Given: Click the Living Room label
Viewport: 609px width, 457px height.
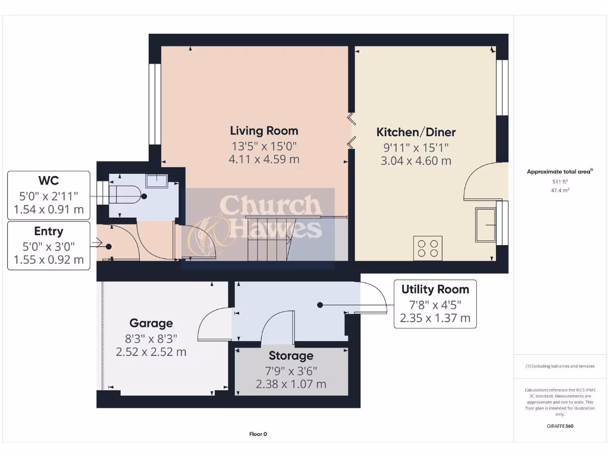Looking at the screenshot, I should (264, 130).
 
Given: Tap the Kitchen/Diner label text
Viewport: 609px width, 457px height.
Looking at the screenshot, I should (416, 132).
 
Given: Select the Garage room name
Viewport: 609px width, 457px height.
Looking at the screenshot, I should (151, 323).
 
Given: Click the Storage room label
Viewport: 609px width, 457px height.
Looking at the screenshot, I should (291, 356).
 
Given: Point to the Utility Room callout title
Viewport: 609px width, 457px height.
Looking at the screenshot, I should (435, 290).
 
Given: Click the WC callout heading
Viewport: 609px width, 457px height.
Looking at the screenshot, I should (49, 180).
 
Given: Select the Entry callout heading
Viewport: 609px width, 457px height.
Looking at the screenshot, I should (49, 231).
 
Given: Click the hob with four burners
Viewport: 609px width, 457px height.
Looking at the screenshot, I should (428, 248).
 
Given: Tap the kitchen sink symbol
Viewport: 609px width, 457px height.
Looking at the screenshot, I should (485, 224).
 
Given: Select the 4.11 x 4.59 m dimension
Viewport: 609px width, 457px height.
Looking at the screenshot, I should (264, 159).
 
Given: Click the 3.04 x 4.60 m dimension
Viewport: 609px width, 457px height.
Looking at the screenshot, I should (416, 161).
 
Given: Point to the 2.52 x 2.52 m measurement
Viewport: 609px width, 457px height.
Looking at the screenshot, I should (151, 352).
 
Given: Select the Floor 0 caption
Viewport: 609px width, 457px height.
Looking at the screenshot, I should (258, 434).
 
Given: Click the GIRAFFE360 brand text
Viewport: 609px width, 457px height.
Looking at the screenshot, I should (560, 426).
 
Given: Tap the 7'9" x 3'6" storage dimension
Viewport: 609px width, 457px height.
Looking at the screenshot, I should (291, 370).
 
